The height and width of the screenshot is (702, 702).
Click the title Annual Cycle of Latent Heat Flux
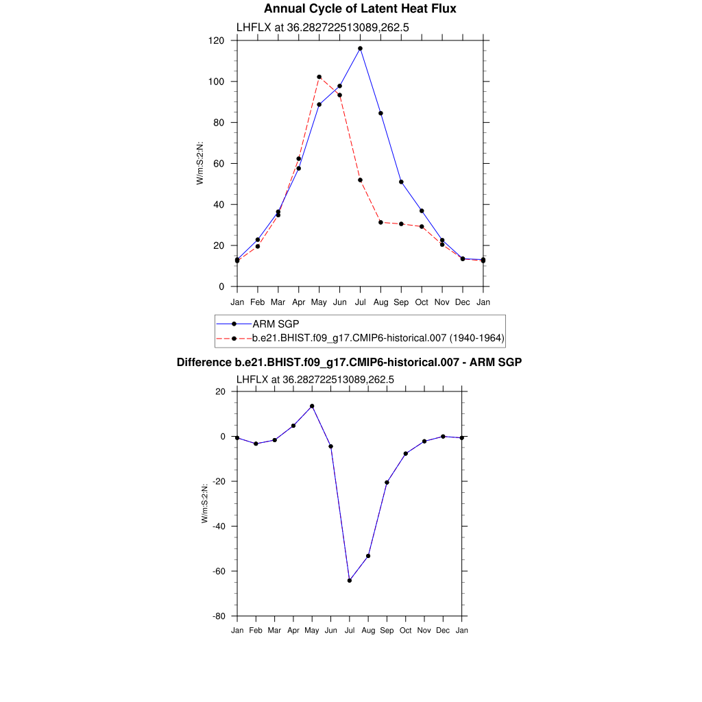(x=360, y=9)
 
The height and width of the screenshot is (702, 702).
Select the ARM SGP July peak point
(x=360, y=49)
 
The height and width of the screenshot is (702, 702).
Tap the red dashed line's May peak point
(x=319, y=77)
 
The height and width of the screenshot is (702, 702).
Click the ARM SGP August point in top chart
(x=380, y=113)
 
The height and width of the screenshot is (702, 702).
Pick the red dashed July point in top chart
(x=360, y=180)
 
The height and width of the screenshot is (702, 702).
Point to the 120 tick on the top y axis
(x=218, y=40)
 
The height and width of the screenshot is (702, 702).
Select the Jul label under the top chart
(x=360, y=302)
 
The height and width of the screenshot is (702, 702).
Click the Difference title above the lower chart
(x=349, y=362)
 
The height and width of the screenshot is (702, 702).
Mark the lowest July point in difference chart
(x=350, y=581)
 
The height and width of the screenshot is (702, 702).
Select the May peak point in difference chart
(x=312, y=406)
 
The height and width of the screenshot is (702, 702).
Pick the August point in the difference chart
(x=368, y=556)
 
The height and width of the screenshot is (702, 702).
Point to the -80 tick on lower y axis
(x=219, y=616)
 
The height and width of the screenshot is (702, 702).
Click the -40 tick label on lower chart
(x=219, y=526)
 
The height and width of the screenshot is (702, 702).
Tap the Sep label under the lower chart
(x=387, y=630)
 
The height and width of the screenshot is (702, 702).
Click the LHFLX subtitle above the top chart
(x=323, y=28)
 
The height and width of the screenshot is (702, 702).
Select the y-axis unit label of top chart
(x=200, y=163)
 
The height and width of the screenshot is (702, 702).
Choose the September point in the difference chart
(x=387, y=483)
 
